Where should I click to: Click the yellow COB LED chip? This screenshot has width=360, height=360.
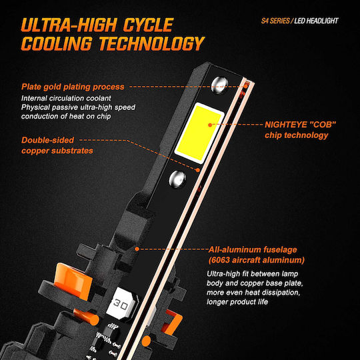tap(199, 133)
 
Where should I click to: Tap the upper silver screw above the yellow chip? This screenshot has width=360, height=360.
tap(220, 85)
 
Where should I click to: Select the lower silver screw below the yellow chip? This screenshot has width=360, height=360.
tap(177, 179)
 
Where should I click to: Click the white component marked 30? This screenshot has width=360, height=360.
tap(121, 303)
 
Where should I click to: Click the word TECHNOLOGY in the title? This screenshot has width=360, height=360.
tap(151, 43)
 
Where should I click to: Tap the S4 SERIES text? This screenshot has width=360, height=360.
tap(275, 21)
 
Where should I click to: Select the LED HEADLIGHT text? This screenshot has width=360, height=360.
tap(316, 21)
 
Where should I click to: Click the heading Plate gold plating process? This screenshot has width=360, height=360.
tap(73, 87)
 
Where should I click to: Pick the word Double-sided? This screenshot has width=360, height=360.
tap(47, 140)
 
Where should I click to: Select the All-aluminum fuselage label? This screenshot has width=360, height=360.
tap(253, 249)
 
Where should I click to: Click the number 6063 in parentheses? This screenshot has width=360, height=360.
tap(221, 260)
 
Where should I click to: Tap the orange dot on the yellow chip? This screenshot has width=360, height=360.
tap(210, 125)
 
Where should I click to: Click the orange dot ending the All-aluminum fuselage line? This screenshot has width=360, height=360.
tap(137, 249)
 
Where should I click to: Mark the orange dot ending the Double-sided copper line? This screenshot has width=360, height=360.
tap(198, 170)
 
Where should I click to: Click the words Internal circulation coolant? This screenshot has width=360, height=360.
tap(66, 98)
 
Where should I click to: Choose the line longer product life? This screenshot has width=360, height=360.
tap(237, 302)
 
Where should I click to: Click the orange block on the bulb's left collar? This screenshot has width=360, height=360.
tap(73, 282)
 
